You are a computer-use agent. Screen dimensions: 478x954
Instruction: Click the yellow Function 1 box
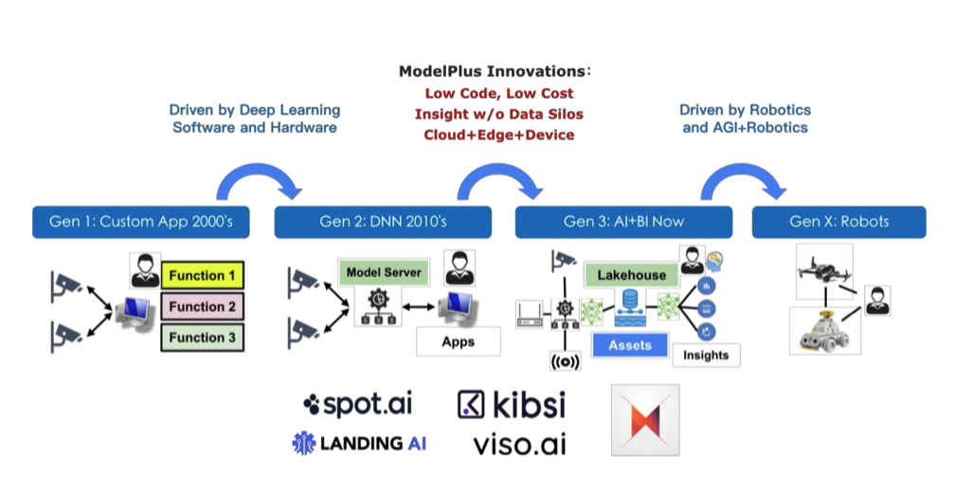pos(203,276)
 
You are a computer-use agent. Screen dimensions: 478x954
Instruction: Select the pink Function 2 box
pos(203,306)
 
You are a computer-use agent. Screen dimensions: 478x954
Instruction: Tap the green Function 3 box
pos(203,337)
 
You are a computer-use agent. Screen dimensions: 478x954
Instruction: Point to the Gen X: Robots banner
pos(838,222)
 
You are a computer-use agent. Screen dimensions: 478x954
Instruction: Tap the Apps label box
pos(459,341)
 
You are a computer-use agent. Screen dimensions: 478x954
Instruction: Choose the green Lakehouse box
pos(631,276)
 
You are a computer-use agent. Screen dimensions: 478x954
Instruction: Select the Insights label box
pos(706,355)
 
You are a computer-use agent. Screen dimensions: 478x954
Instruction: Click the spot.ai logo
pos(359,405)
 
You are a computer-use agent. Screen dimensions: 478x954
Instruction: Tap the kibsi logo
pos(512,405)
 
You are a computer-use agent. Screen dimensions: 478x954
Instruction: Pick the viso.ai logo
pos(519,442)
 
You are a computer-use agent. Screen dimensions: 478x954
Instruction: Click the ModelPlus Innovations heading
pos(493,71)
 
